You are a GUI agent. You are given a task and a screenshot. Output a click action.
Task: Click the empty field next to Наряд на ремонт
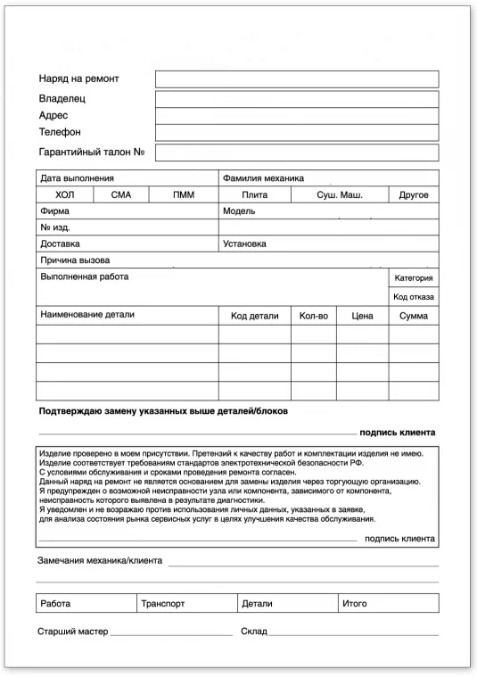pyautogui.click(x=296, y=79)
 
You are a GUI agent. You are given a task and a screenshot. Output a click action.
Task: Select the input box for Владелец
pyautogui.click(x=296, y=99)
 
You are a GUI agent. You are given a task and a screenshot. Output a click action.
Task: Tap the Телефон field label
pyautogui.click(x=60, y=132)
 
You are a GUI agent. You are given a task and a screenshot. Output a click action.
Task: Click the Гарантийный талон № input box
pyautogui.click(x=296, y=152)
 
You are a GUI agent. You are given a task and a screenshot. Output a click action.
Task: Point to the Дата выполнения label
pyautogui.click(x=77, y=178)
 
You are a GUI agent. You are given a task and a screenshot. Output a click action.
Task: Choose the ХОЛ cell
pyautogui.click(x=65, y=194)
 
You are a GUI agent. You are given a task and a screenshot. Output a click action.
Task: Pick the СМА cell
pyautogui.click(x=121, y=194)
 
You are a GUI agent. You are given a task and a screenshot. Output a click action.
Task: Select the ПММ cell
pyautogui.click(x=183, y=194)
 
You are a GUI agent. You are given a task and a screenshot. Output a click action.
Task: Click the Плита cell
pyautogui.click(x=254, y=194)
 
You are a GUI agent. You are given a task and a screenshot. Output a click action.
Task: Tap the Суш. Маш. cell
pyautogui.click(x=339, y=194)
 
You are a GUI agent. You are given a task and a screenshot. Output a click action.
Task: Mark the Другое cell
pyautogui.click(x=414, y=194)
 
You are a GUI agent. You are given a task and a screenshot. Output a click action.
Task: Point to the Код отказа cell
pyautogui.click(x=413, y=296)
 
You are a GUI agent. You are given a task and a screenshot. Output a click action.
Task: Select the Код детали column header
pyautogui.click(x=254, y=316)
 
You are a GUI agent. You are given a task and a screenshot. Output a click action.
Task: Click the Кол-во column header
pyautogui.click(x=313, y=316)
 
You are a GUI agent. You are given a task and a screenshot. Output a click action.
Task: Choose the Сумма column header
pyautogui.click(x=414, y=316)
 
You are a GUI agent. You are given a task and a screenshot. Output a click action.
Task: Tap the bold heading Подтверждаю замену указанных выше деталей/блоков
pyautogui.click(x=163, y=411)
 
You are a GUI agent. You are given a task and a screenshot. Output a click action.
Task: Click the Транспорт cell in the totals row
pyautogui.click(x=163, y=604)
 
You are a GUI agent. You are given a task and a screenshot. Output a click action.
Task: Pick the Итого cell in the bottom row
pyautogui.click(x=355, y=604)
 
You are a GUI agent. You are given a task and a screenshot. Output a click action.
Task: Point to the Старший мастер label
pyautogui.click(x=71, y=632)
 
